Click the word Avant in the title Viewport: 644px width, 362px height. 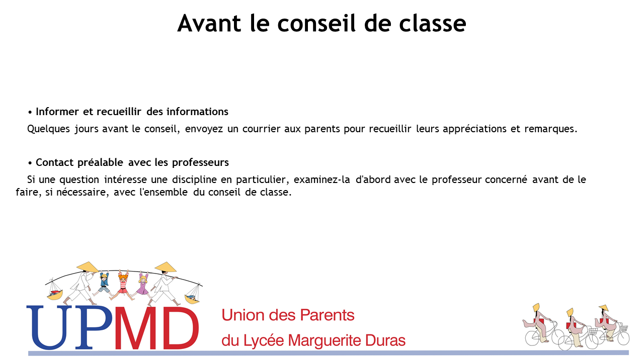coord(209,23)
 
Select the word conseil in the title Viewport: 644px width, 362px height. coord(316,23)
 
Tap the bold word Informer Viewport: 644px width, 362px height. coord(57,112)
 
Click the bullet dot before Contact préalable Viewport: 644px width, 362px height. coord(30,163)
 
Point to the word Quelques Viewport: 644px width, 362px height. coord(48,129)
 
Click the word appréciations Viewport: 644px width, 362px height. coord(474,129)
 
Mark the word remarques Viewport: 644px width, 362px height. coord(550,129)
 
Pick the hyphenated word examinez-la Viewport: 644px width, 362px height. coord(321,179)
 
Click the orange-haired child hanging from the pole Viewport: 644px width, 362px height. coord(123,285)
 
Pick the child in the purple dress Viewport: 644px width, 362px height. coord(142,285)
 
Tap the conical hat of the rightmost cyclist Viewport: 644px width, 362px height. coord(604,308)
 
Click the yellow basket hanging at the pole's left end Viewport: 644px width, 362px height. coord(55,295)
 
